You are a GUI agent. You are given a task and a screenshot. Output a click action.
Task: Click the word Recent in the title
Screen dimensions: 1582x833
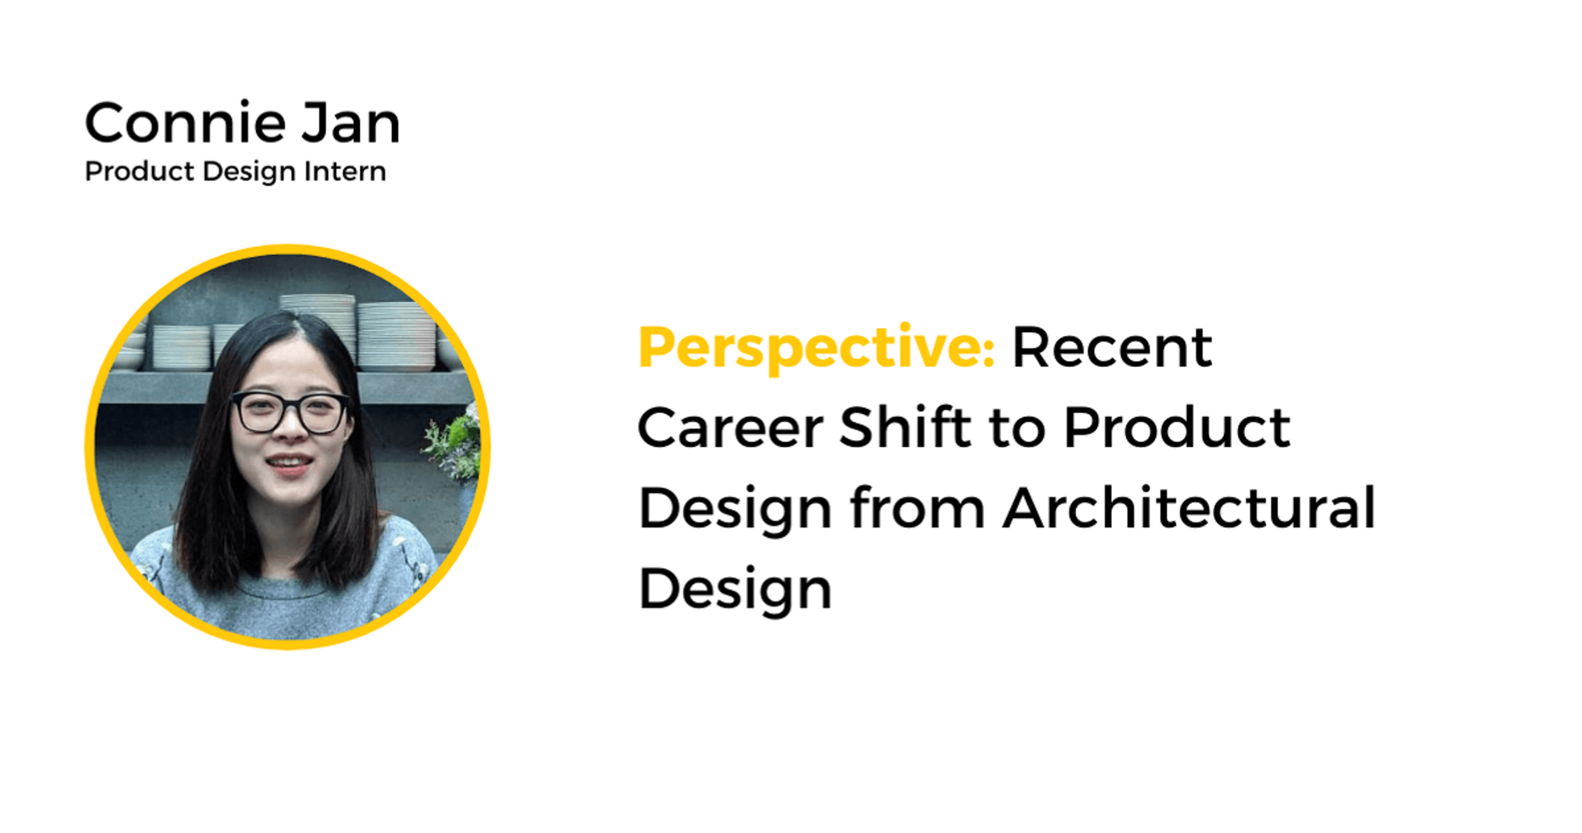coord(1112,348)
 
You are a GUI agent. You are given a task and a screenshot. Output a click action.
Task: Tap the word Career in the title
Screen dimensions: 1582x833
coord(730,428)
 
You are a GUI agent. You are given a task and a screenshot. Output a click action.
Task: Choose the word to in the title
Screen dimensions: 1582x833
coord(1017,428)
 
